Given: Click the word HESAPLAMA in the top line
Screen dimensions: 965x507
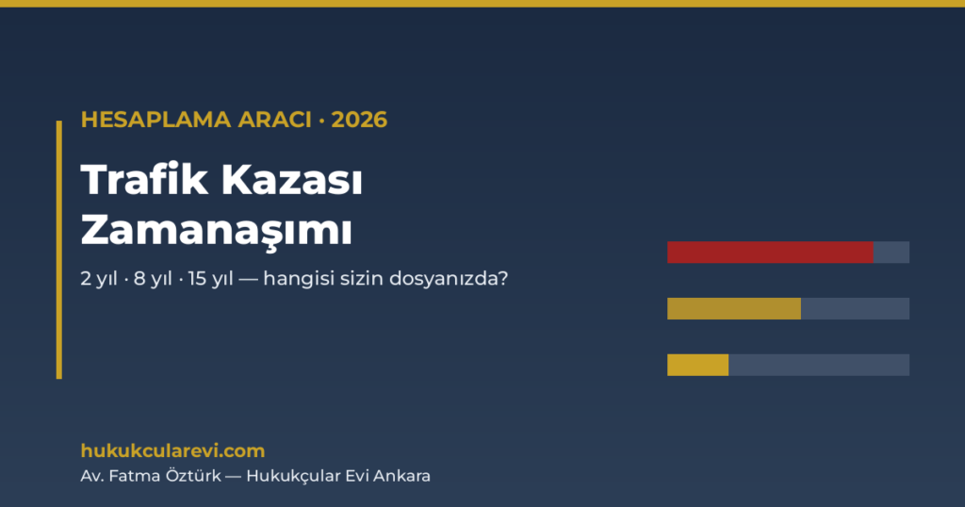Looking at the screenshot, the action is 155,120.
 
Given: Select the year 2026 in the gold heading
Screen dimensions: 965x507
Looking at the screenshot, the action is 359,120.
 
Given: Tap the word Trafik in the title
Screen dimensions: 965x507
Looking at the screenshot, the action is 144,180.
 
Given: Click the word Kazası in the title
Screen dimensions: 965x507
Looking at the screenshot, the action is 292,180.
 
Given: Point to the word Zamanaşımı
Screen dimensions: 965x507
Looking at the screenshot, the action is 217,231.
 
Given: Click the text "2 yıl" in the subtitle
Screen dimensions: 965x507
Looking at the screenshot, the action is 99,279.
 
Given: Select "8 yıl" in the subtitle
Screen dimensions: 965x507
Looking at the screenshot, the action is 154,279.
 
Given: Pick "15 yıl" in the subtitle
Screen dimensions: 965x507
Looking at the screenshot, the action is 210,279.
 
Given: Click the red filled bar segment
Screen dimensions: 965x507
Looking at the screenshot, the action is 770,253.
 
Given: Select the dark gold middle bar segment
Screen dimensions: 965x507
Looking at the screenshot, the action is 733,308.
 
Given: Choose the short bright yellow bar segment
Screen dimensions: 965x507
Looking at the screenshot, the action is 698,365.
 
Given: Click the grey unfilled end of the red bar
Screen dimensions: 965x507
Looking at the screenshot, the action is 891,253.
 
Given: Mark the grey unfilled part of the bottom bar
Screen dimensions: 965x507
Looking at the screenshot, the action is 819,365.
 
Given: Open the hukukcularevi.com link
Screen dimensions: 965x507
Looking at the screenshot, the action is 173,451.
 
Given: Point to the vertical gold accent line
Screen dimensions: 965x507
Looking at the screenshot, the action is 59,250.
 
